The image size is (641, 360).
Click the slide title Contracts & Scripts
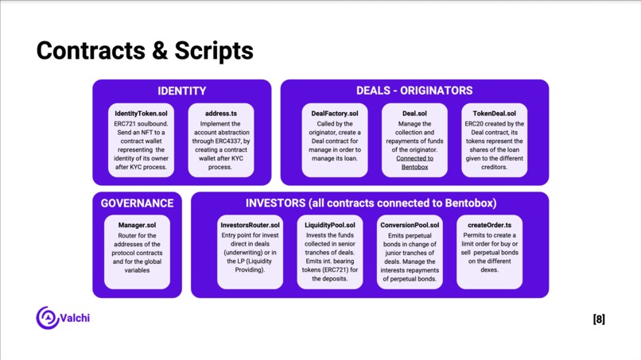click(145, 51)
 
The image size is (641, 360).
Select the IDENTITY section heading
click(182, 91)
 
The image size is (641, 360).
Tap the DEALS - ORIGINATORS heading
click(414, 91)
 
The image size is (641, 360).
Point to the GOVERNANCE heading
click(137, 203)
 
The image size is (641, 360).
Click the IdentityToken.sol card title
click(141, 114)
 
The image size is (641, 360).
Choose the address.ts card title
click(221, 114)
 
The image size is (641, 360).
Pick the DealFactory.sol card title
click(334, 114)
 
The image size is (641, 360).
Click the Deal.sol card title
click(414, 114)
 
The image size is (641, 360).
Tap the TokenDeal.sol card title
click(494, 114)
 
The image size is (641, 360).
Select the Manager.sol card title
click(137, 225)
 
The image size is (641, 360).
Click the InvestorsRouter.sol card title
click(250, 225)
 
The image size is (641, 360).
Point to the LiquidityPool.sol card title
click(330, 225)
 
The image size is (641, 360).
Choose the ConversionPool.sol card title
click(410, 225)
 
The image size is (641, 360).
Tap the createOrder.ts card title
click(489, 225)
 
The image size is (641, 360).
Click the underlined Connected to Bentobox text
click(414, 163)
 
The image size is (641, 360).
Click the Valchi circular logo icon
click(48, 318)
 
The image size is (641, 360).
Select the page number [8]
click(599, 319)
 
